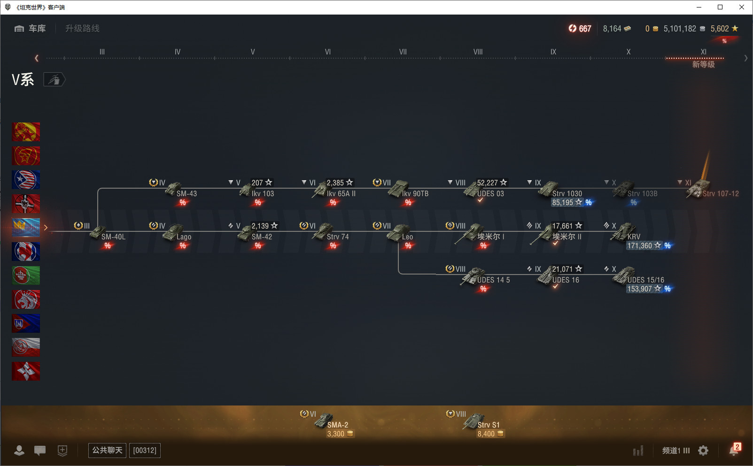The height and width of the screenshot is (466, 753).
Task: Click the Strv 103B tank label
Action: tap(642, 194)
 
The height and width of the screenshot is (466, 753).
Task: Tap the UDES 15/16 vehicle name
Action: tap(646, 280)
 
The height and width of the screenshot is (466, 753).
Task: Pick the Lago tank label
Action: tap(184, 237)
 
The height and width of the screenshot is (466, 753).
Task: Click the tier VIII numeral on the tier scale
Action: tap(478, 52)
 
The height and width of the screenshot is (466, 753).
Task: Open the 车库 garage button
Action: tap(30, 29)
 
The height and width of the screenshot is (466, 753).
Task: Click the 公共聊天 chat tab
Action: tap(107, 450)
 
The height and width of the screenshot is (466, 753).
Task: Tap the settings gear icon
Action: tap(703, 451)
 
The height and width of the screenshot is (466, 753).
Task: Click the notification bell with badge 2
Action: tap(734, 450)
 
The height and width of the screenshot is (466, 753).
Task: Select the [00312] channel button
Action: tap(145, 450)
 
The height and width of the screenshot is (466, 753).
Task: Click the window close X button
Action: tap(741, 7)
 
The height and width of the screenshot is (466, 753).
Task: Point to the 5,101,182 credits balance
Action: tap(680, 29)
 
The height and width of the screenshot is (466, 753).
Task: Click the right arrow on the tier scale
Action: tap(745, 58)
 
